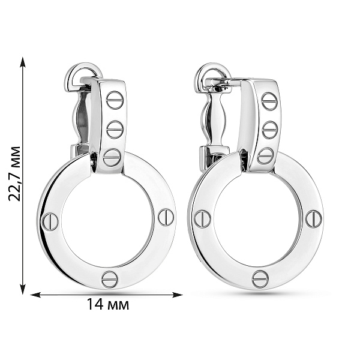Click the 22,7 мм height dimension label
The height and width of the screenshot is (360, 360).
14,174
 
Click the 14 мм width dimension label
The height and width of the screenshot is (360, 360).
108,305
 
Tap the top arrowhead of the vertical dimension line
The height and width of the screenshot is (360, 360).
23,62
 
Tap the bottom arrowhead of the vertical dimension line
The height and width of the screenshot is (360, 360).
23,289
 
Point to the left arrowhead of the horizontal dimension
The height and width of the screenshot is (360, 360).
35,295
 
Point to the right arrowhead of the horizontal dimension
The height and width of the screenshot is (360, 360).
178,295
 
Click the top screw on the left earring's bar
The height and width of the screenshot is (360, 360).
115,100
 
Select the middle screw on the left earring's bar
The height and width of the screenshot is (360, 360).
115,130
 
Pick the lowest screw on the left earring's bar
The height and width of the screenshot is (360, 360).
112,157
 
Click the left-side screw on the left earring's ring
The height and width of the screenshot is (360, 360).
50,221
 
